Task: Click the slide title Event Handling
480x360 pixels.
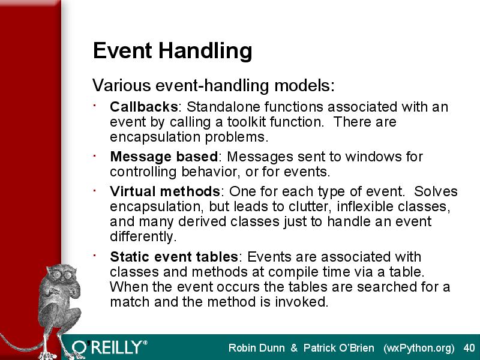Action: [172, 51]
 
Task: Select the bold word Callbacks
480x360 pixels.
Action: [143, 107]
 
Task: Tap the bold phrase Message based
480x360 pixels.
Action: [164, 157]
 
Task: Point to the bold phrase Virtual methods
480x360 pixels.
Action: [164, 191]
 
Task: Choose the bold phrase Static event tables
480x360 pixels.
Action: [174, 257]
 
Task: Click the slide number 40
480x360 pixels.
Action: [469, 348]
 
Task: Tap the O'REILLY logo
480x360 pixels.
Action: [109, 347]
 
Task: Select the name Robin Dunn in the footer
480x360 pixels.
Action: [257, 348]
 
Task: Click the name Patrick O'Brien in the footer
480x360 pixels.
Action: [338, 348]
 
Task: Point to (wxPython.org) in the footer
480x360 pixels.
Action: [419, 349]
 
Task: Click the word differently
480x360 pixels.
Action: [143, 236]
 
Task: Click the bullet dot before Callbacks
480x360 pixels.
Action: [95, 106]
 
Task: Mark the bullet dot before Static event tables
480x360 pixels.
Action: [95, 255]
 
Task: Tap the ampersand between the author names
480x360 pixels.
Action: [294, 348]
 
